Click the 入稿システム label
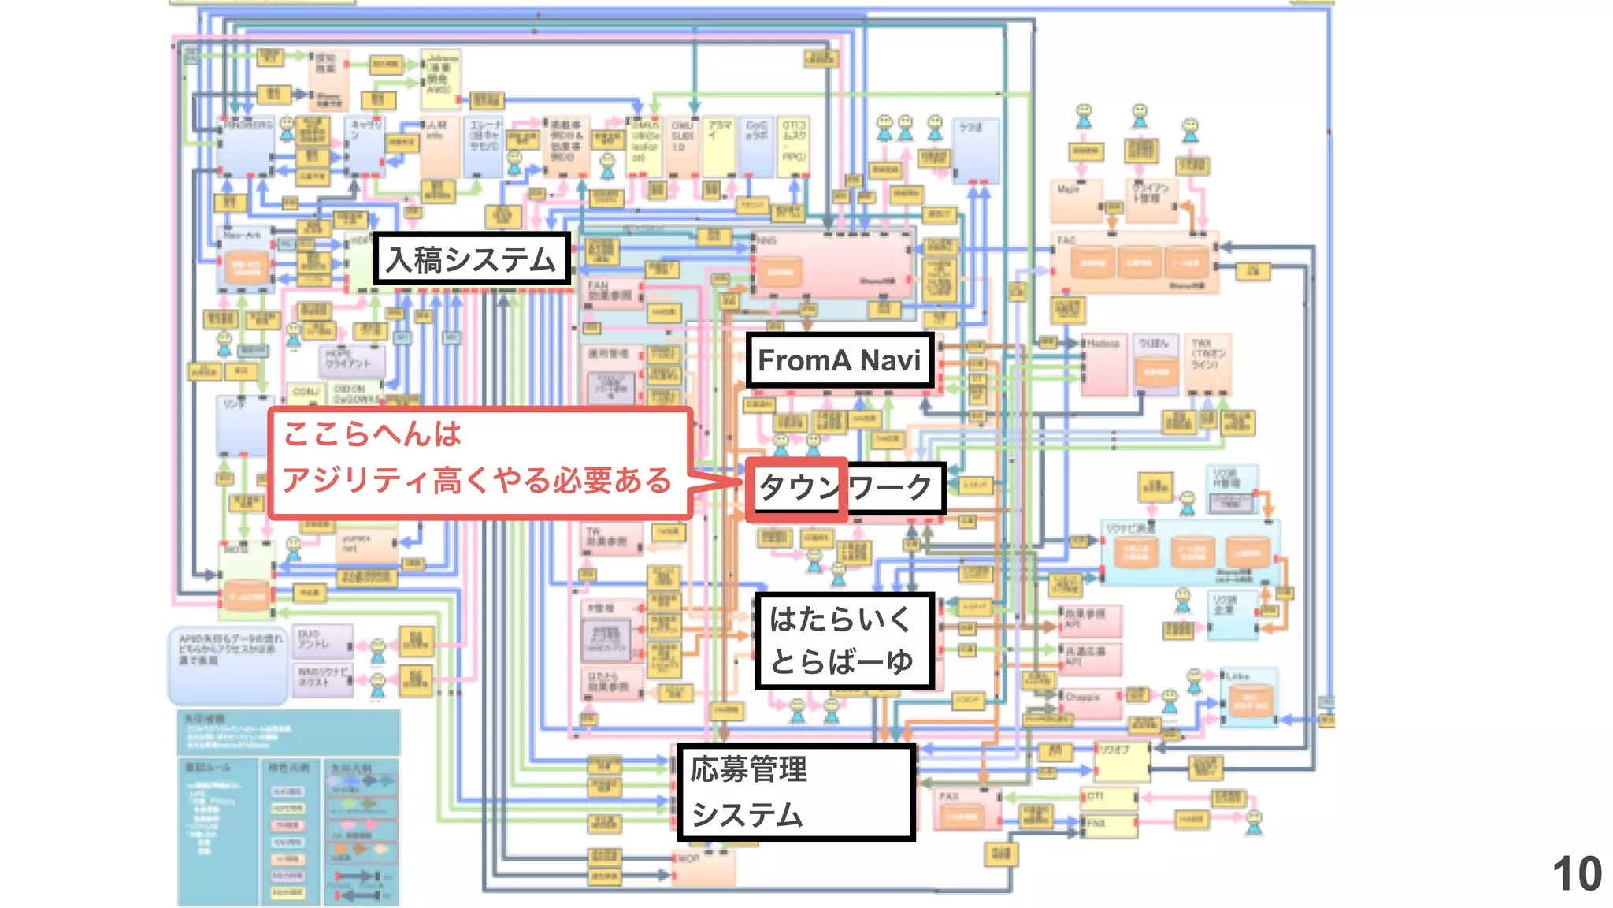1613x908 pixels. click(471, 259)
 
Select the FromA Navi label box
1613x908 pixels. click(840, 360)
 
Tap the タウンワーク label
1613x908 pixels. click(845, 487)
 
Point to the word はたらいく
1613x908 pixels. click(840, 619)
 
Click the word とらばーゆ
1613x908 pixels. click(841, 661)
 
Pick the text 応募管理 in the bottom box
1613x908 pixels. click(749, 769)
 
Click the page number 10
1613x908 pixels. click(1577, 874)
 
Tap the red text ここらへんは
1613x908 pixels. click(372, 434)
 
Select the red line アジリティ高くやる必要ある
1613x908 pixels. click(476, 480)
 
